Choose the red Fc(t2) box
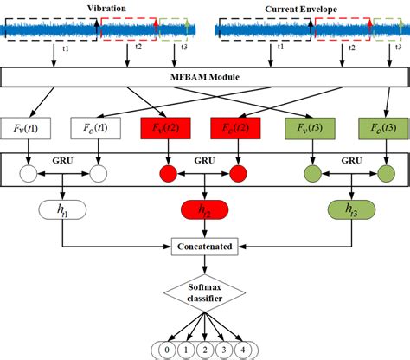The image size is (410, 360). [x=235, y=130]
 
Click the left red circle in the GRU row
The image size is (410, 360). [x=166, y=174]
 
